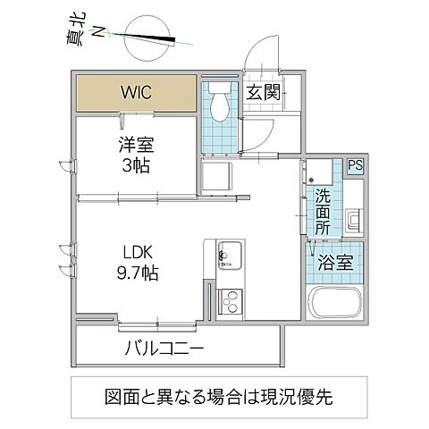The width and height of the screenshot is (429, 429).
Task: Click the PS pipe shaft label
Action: pos(355,166)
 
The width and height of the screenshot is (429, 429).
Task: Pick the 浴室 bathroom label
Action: pos(336,263)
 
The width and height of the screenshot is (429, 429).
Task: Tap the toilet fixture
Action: pos(219,106)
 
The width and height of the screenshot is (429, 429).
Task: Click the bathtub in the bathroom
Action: pos(334,303)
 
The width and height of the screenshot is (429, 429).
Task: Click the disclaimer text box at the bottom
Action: pos(219,394)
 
